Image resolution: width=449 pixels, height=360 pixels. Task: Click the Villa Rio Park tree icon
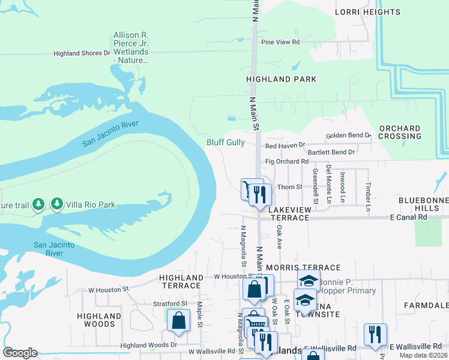tap(57, 204)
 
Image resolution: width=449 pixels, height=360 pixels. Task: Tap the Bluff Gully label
tap(226, 142)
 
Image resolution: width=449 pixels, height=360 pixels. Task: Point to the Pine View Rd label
tap(280, 42)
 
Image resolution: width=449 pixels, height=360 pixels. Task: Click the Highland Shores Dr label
tap(82, 53)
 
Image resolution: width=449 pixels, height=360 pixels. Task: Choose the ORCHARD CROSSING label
tap(400, 132)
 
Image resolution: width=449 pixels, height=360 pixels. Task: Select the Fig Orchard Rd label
tap(286, 161)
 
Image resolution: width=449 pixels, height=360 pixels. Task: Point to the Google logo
tap(20, 353)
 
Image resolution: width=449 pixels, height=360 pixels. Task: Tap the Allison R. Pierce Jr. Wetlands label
tap(131, 47)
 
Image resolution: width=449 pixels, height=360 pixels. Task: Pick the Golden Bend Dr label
tap(349, 136)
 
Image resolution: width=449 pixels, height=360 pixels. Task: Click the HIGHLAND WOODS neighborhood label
tap(100, 320)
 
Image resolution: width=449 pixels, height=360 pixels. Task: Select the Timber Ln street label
tap(368, 193)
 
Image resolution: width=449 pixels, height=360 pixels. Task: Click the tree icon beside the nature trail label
tap(38, 204)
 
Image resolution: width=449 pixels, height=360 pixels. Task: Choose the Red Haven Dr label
tap(285, 145)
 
